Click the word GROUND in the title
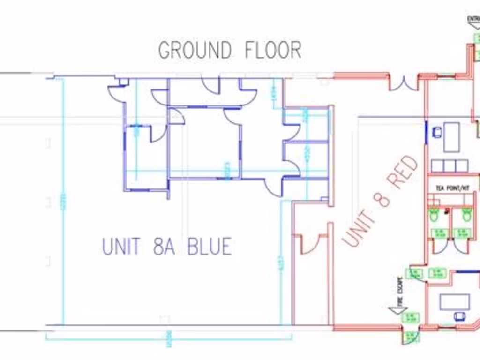click(195, 50)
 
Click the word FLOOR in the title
click(273, 50)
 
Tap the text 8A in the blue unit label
click(164, 247)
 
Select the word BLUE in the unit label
click(210, 247)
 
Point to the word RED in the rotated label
click(403, 172)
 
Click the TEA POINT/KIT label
click(452, 188)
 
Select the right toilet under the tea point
click(467, 215)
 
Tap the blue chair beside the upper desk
click(437, 133)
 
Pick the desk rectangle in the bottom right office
click(454, 302)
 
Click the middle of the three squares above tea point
click(450, 165)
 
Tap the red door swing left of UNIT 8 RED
click(309, 243)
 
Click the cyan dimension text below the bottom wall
click(169, 339)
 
